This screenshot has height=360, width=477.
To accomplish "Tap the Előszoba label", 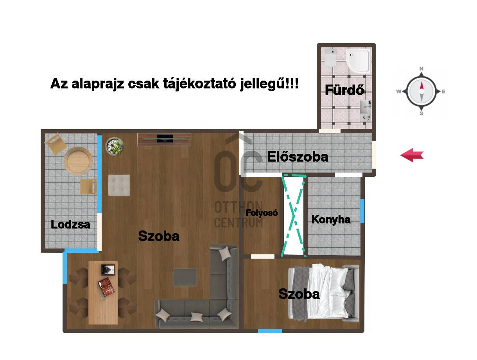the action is (x=298, y=157).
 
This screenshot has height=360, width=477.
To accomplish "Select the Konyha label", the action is (x=331, y=220).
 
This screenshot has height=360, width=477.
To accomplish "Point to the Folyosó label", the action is (x=262, y=213).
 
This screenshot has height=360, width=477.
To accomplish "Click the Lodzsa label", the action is (x=70, y=224).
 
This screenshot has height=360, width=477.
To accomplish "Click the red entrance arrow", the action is (x=412, y=155).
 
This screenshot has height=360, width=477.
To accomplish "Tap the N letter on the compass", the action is (x=421, y=69).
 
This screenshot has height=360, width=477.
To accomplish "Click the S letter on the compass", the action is (x=421, y=113).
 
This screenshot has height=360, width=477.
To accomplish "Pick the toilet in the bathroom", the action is (x=330, y=58).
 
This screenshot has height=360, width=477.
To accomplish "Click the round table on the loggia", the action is (x=78, y=161).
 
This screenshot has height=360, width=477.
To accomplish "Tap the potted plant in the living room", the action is (x=114, y=146).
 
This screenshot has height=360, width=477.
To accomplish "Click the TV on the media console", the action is (x=165, y=139).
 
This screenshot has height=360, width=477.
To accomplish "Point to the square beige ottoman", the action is (x=119, y=185).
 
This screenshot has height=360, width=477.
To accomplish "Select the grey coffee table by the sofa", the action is (x=185, y=277).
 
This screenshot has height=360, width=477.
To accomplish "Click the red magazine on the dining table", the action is (x=106, y=287).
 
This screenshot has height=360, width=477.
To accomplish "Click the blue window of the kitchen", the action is (x=362, y=211).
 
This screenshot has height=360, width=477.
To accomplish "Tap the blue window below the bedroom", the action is (x=270, y=331).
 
